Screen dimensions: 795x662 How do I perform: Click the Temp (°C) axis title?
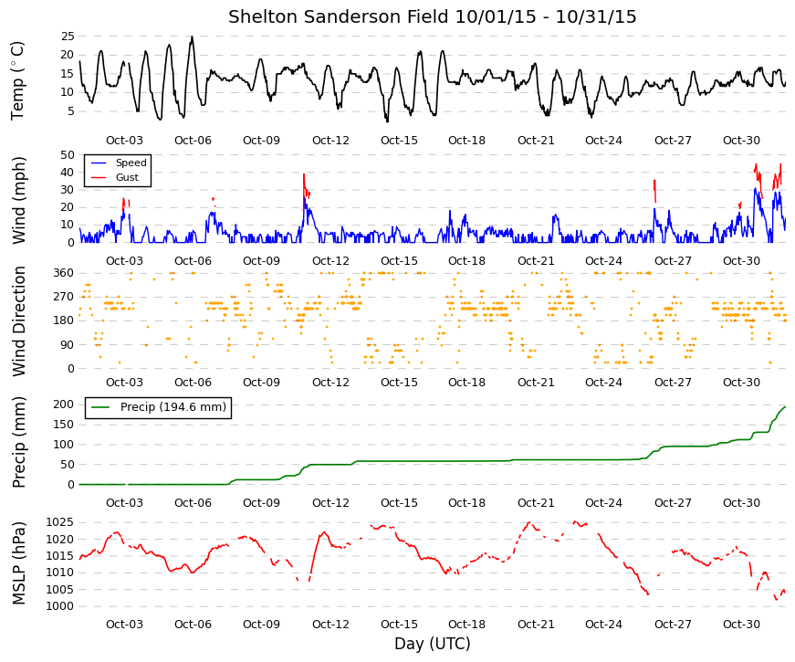click(x=17, y=81)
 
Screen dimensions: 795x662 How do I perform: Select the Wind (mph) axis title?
click(x=18, y=200)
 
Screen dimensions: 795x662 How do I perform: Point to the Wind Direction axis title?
click(x=19, y=321)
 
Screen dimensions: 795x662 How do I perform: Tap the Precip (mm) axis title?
click(x=19, y=442)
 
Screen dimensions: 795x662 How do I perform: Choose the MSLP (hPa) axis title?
click(x=19, y=563)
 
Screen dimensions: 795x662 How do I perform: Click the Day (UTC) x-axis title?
click(x=433, y=644)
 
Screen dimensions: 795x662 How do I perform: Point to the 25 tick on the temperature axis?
click(x=68, y=36)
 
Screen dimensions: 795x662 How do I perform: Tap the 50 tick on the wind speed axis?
click(x=68, y=154)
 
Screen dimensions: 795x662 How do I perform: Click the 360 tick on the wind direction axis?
click(x=64, y=273)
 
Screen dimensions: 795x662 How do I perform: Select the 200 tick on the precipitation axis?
click(x=64, y=405)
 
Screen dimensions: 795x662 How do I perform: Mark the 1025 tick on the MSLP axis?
click(x=60, y=522)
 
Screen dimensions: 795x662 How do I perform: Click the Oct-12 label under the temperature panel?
click(x=330, y=141)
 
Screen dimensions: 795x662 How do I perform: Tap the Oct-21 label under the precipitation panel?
click(x=536, y=503)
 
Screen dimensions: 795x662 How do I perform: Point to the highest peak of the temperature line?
click(x=192, y=37)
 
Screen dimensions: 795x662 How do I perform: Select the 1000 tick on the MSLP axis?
click(x=60, y=606)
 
